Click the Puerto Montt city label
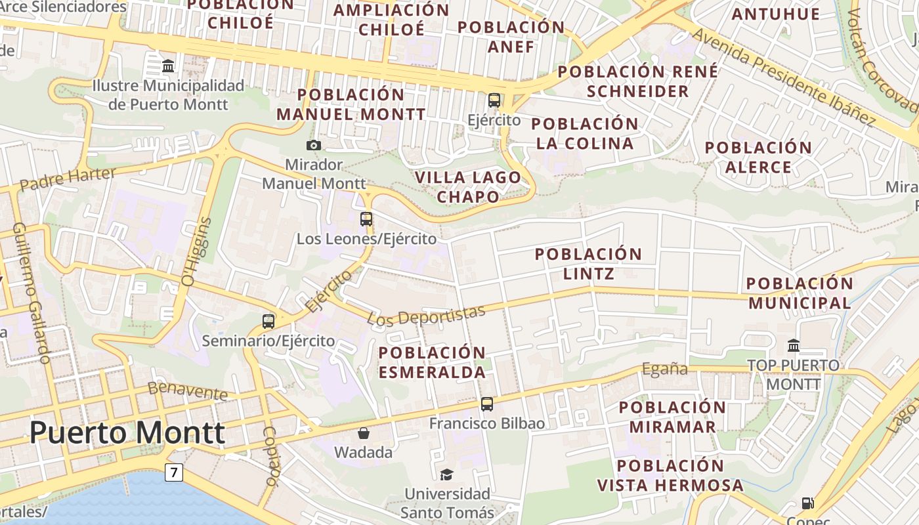pos(127,433)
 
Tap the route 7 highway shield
pos(173,472)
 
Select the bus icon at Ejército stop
pos(494,100)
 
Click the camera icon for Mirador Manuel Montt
pos(314,145)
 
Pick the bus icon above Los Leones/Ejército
pos(366,219)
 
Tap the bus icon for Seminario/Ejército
pos(268,322)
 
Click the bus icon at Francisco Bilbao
pos(486,404)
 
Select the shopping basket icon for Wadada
pos(363,433)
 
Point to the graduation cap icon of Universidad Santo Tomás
pos(446,474)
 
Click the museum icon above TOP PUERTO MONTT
pos(793,345)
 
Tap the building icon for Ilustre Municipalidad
pos(168,66)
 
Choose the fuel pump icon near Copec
pos(808,503)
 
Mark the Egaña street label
pos(664,369)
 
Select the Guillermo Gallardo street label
pos(32,293)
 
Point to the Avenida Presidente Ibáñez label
pos(784,77)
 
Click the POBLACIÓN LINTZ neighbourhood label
pos(588,263)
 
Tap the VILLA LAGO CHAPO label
pos(468,186)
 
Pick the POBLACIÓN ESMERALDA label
pos(432,362)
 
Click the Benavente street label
pos(188,390)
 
